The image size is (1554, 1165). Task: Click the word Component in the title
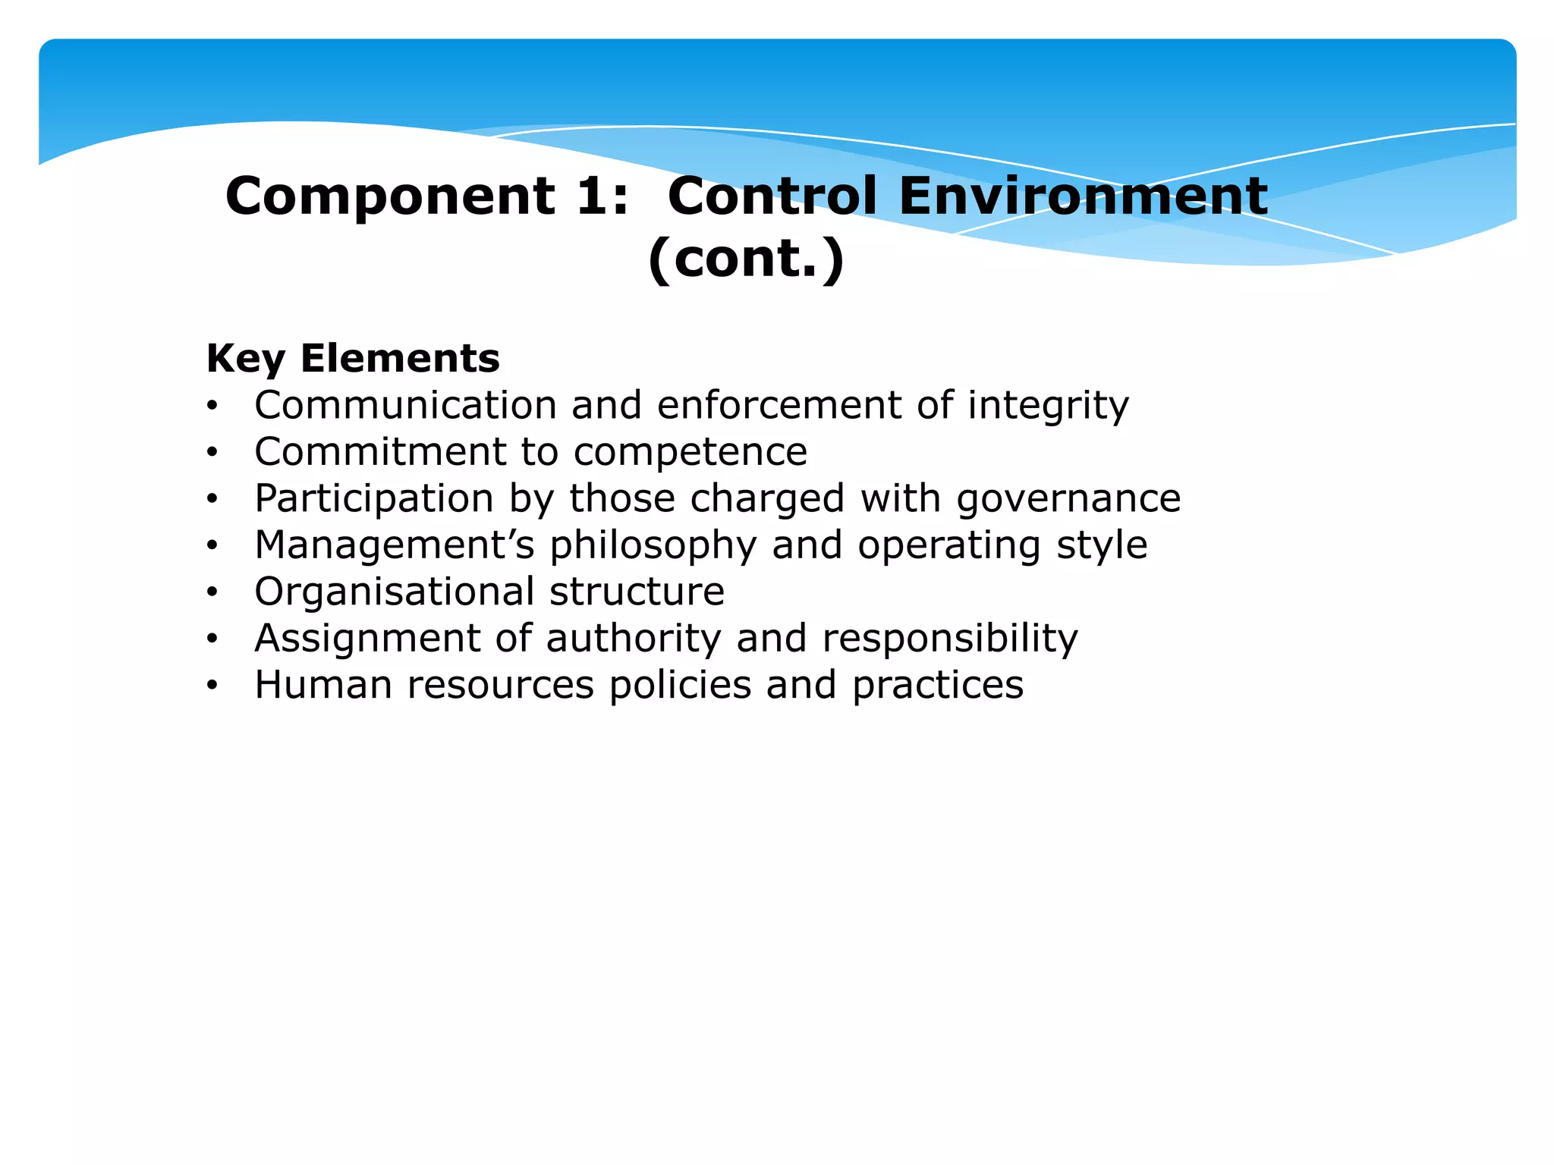[x=391, y=196]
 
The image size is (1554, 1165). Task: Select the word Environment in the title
[x=1083, y=196]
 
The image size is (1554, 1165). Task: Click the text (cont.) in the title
[x=746, y=259]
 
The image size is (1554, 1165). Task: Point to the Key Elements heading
[x=353, y=358]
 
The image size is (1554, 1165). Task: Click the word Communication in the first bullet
[x=406, y=405]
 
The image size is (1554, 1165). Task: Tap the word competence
[x=690, y=453]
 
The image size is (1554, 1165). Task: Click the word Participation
[x=374, y=499]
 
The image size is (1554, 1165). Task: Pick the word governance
[x=1068, y=499]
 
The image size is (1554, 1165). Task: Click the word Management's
[x=395, y=545]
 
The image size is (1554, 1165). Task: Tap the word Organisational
[x=395, y=592]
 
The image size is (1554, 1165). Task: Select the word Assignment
[x=367, y=639]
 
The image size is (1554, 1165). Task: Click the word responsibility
[x=950, y=639]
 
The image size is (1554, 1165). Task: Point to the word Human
[x=323, y=685]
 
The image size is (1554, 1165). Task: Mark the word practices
[x=938, y=685]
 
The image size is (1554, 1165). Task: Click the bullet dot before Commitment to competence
[x=212, y=453]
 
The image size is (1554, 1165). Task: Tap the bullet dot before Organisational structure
[x=212, y=592]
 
